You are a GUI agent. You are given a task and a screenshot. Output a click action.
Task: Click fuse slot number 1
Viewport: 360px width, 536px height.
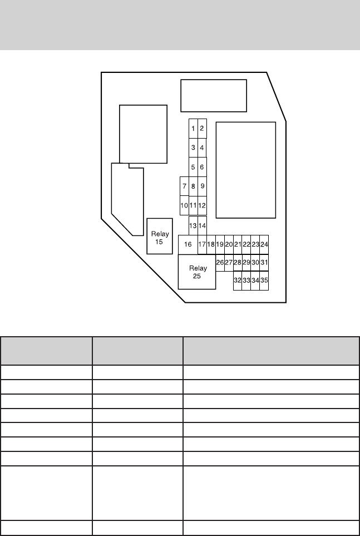click(x=193, y=129)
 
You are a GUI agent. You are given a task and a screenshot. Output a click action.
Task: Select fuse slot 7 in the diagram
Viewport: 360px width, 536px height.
click(x=184, y=186)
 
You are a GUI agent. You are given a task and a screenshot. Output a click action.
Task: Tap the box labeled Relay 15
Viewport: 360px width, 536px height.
click(x=160, y=236)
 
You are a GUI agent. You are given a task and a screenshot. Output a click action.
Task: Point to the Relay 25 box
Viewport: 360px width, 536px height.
click(x=197, y=272)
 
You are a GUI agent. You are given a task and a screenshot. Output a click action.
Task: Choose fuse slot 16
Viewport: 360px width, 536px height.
click(x=188, y=245)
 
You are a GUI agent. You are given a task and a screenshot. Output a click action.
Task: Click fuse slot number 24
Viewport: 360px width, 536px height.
click(x=264, y=245)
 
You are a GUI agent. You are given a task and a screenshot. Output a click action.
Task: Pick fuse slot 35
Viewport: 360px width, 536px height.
click(x=264, y=281)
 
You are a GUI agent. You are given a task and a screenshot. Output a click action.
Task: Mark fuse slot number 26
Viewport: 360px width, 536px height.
click(x=220, y=263)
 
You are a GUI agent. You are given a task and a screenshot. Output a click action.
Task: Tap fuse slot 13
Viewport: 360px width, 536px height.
click(x=193, y=225)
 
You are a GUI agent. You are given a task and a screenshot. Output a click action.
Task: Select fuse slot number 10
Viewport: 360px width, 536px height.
click(x=184, y=205)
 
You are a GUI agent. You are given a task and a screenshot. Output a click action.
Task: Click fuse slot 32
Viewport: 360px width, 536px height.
click(x=238, y=281)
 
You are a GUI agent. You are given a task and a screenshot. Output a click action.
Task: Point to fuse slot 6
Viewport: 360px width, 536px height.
click(x=202, y=167)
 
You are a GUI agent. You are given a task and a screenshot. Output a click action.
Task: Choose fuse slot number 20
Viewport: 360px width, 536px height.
click(x=229, y=245)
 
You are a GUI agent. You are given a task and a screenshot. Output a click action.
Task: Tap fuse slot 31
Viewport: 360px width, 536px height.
click(x=264, y=263)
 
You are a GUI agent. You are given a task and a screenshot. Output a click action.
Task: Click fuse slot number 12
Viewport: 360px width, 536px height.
click(x=202, y=205)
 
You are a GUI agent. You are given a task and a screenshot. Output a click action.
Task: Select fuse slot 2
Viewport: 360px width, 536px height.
click(x=202, y=129)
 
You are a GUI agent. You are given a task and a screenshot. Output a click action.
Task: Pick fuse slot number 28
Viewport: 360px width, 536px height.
click(x=238, y=263)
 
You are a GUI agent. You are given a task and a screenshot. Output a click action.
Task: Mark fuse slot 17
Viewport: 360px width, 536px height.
click(x=202, y=245)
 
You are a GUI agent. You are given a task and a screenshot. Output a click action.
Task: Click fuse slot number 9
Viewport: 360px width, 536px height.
click(x=202, y=186)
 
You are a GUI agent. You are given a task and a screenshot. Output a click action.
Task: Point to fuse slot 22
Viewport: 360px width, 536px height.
click(x=246, y=245)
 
